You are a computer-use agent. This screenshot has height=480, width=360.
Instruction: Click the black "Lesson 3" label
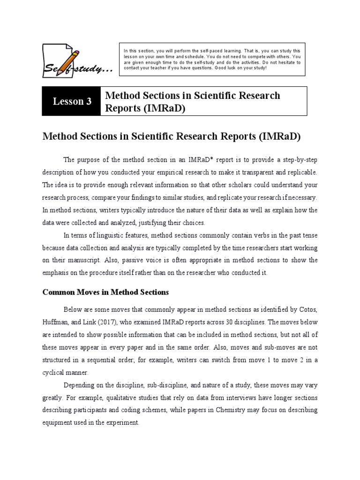(72, 101)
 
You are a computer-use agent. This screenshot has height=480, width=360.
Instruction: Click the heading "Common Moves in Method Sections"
(105, 292)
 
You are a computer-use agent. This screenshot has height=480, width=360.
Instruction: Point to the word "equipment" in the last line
(58, 422)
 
